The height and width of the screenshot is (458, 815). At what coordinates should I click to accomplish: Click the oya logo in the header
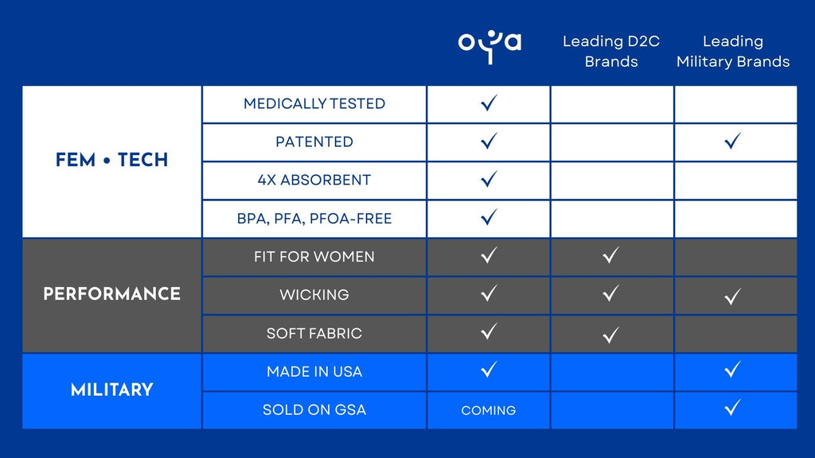[x=489, y=47]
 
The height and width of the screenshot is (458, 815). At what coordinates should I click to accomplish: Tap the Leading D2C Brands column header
[x=611, y=51]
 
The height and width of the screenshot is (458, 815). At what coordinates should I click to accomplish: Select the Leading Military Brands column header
[x=733, y=51]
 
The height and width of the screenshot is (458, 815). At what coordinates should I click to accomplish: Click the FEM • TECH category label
[x=111, y=160]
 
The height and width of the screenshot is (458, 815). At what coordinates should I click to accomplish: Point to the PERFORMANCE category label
[x=111, y=294]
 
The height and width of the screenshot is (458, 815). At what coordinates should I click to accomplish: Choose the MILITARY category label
[x=111, y=390]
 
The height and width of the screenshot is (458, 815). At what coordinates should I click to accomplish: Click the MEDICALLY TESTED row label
[x=314, y=104]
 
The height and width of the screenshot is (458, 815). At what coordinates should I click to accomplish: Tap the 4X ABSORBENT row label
[x=314, y=180]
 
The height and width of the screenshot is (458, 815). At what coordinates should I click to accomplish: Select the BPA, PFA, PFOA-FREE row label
[x=314, y=219]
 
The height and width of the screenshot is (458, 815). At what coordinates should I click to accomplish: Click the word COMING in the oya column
[x=489, y=410]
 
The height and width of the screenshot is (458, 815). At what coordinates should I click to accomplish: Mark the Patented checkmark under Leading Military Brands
[x=732, y=141]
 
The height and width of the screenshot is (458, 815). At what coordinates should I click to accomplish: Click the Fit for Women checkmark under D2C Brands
[x=610, y=255]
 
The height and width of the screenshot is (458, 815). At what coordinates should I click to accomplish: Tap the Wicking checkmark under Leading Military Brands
[x=732, y=296]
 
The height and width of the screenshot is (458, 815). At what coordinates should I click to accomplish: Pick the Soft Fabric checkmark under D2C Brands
[x=610, y=335]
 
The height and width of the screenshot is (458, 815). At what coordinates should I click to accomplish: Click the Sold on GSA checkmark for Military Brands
[x=732, y=408]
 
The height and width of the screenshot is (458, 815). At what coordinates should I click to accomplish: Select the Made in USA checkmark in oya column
[x=489, y=369]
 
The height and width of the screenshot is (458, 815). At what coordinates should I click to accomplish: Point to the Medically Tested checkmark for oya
[x=489, y=103]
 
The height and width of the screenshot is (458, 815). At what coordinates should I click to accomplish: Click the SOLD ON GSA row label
[x=314, y=409]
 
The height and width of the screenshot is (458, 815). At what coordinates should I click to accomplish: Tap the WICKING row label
[x=314, y=295]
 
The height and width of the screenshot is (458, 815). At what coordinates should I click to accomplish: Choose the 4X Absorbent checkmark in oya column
[x=489, y=179]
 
